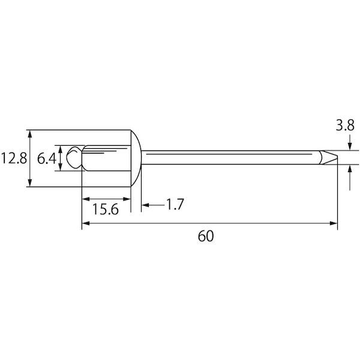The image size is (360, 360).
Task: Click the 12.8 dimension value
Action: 14,158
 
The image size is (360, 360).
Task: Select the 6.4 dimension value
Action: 47,158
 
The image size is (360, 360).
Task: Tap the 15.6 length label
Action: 106,209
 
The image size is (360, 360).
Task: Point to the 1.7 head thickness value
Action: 175,205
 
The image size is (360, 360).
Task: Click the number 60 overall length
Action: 206,236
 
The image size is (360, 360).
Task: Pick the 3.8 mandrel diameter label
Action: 345,125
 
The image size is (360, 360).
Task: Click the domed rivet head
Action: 136,158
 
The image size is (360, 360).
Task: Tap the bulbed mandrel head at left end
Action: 74,158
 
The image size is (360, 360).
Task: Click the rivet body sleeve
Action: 106,158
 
